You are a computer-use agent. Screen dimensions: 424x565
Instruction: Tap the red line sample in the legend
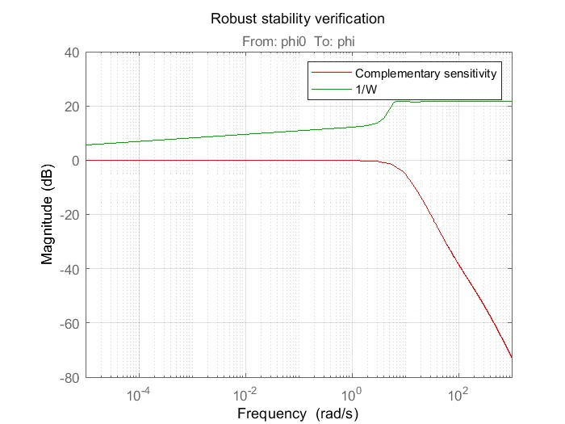pyautogui.click(x=331, y=73)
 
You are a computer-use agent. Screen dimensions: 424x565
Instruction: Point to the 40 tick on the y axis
pyautogui.click(x=69, y=52)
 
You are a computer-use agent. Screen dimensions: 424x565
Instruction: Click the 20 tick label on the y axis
pyautogui.click(x=69, y=107)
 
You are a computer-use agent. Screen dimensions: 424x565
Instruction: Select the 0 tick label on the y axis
pyautogui.click(x=73, y=161)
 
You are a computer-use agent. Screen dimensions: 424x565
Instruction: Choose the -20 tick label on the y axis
pyautogui.click(x=67, y=215)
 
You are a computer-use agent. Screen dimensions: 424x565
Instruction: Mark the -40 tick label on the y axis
pyautogui.click(x=67, y=269)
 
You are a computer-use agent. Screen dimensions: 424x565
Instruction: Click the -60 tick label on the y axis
pyautogui.click(x=67, y=323)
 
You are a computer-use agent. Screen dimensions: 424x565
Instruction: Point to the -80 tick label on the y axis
pyautogui.click(x=67, y=377)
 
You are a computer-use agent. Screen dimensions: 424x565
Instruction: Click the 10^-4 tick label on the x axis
pyautogui.click(x=139, y=394)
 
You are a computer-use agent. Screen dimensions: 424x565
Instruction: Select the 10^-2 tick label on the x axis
pyautogui.click(x=245, y=394)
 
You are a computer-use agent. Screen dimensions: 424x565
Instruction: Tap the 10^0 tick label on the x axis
pyautogui.click(x=352, y=394)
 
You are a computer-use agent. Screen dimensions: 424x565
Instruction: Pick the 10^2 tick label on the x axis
pyautogui.click(x=458, y=394)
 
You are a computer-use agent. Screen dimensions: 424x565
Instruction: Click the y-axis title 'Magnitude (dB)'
pyautogui.click(x=48, y=215)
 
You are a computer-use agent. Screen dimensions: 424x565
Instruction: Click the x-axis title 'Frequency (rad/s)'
pyautogui.click(x=298, y=413)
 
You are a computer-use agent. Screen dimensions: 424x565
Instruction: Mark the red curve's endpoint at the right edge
pyautogui.click(x=512, y=357)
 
